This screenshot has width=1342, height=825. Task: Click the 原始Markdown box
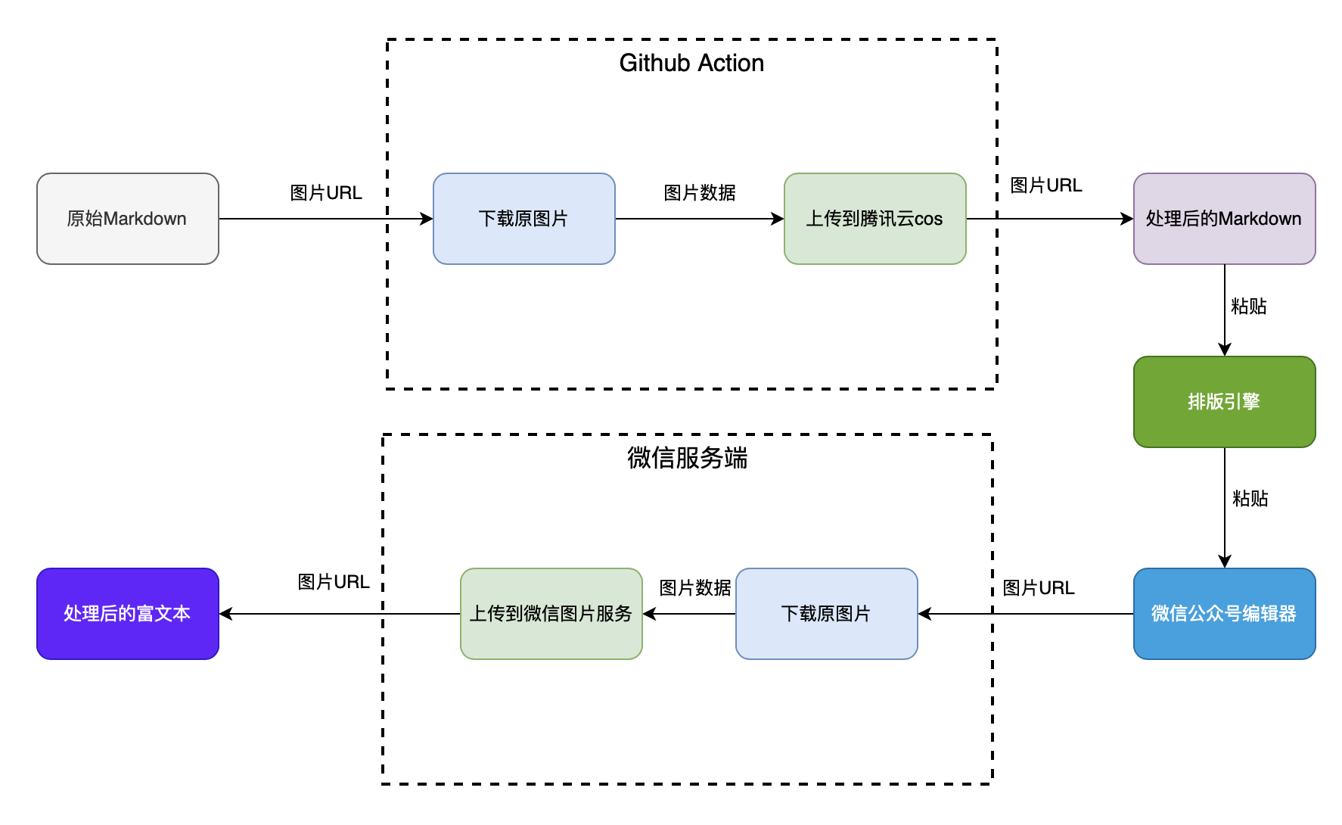tap(127, 219)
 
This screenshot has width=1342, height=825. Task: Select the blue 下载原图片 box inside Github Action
tap(523, 219)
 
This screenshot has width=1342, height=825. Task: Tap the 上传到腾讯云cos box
tap(874, 219)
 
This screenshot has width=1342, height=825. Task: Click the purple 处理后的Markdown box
tap(1224, 219)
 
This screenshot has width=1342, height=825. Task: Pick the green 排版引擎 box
tap(1224, 402)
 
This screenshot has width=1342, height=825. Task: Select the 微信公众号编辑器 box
tap(1224, 614)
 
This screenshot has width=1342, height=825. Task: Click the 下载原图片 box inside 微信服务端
tap(826, 614)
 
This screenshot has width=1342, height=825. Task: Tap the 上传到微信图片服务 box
tap(551, 614)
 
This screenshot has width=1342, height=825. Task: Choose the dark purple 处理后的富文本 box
tap(127, 614)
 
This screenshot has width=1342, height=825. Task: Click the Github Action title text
tap(691, 63)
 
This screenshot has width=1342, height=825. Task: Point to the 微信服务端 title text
tap(687, 458)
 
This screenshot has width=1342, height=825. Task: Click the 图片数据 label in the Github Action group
tap(700, 193)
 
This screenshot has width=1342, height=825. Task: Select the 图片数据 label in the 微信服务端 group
tap(695, 588)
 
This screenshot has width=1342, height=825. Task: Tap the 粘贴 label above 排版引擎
tap(1249, 307)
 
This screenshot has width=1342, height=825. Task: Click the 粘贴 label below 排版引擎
tap(1250, 499)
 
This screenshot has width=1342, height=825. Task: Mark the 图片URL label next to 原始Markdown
tap(326, 193)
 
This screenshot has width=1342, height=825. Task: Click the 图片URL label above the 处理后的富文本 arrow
tap(334, 582)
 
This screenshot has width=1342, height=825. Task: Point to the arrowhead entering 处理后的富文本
tap(225, 614)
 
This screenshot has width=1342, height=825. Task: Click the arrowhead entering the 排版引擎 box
tap(1225, 350)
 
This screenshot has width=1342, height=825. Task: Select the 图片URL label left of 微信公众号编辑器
tap(1039, 588)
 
